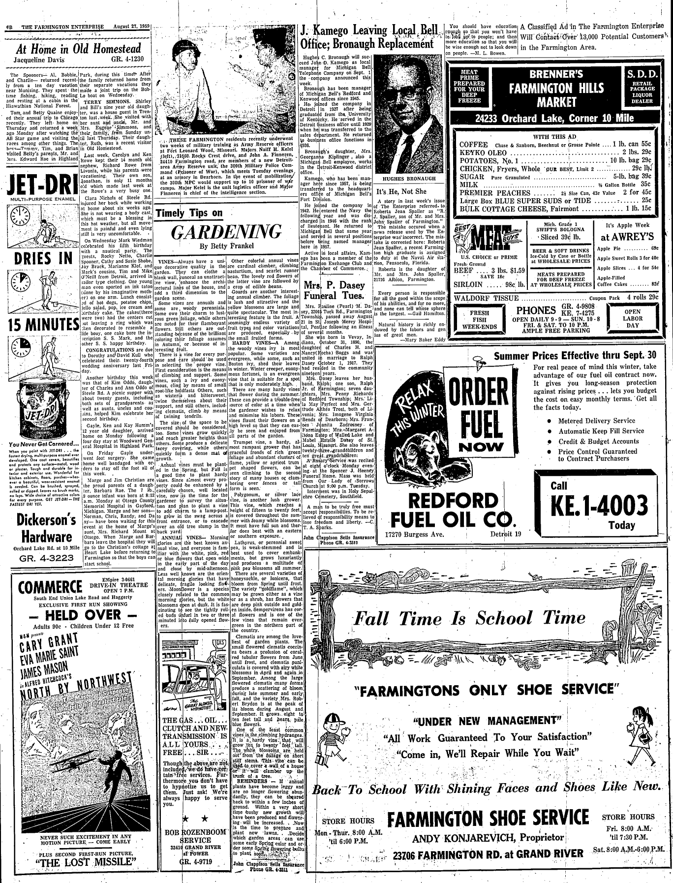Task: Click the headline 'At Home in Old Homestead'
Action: [x=79, y=49]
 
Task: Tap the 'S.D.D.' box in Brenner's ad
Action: [x=639, y=87]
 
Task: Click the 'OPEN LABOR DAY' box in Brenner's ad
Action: [x=632, y=318]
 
